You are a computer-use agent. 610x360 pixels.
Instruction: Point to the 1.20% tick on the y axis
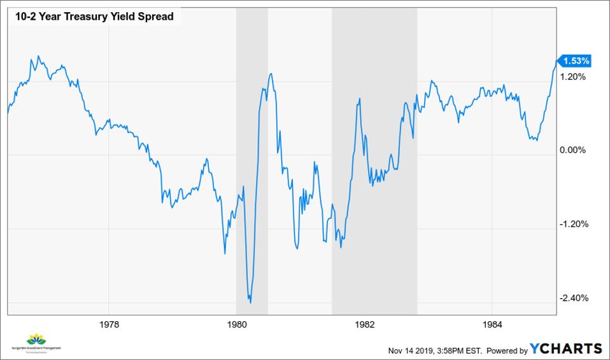coord(572,76)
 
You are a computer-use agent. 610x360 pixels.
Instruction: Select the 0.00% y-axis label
coord(572,150)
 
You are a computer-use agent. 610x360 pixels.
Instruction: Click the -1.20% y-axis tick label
coord(572,224)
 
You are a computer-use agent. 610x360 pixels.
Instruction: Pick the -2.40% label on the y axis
coord(572,298)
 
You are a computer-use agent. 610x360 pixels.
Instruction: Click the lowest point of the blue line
coord(250,303)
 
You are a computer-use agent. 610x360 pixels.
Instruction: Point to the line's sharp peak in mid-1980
coord(271,74)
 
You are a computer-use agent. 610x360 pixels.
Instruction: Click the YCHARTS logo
coord(565,349)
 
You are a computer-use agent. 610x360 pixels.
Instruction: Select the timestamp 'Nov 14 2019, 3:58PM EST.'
coord(436,350)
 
